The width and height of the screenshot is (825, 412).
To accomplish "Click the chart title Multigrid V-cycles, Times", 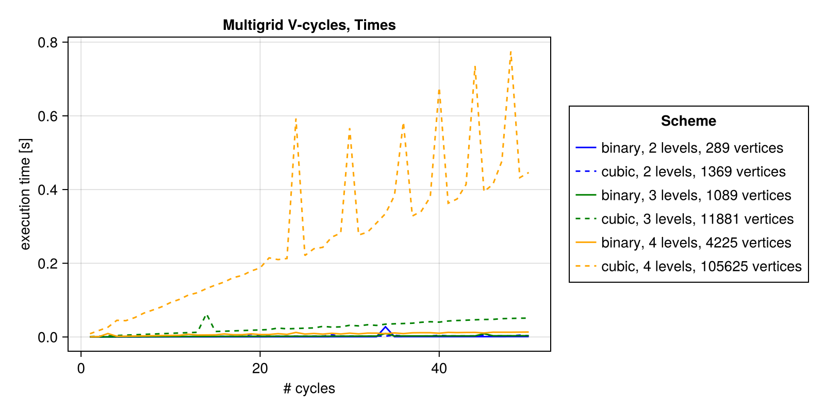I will point(309,25).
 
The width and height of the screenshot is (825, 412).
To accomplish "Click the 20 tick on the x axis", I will point(260,369).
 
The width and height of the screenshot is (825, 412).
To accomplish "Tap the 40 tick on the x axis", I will point(439,369).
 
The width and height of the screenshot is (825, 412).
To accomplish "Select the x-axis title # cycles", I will point(309,388).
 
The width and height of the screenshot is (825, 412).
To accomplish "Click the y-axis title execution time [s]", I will point(25,194).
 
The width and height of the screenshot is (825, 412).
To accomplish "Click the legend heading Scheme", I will point(688,121).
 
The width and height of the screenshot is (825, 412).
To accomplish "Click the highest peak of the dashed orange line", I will point(510,51).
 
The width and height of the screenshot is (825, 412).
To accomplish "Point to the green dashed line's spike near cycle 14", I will point(206,314).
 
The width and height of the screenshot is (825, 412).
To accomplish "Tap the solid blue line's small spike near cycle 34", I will point(385,327).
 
